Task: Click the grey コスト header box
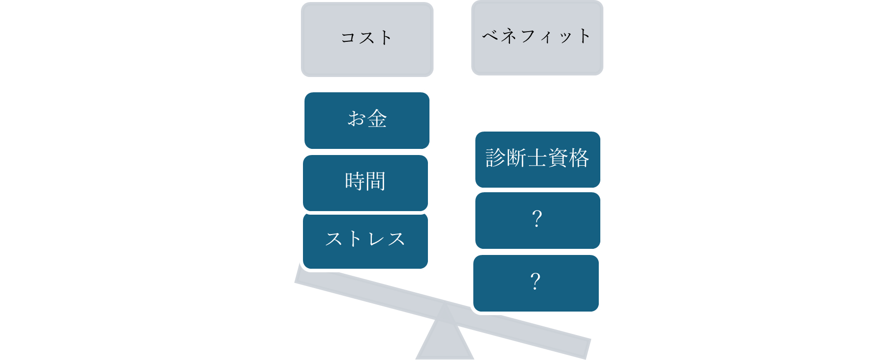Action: pyautogui.click(x=367, y=40)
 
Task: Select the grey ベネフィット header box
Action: pyautogui.click(x=537, y=38)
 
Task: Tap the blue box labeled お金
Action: pyautogui.click(x=367, y=120)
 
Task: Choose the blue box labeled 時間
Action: pyautogui.click(x=365, y=183)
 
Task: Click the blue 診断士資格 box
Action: pyautogui.click(x=537, y=159)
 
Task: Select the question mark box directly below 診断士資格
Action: pyautogui.click(x=537, y=220)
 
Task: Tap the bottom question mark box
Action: pyautogui.click(x=536, y=283)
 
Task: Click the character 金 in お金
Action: pyautogui.click(x=377, y=119)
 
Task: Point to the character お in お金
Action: pyautogui.click(x=357, y=119)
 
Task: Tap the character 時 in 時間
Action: pyautogui.click(x=354, y=182)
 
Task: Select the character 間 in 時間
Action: pyautogui.click(x=375, y=182)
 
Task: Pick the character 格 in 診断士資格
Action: pyautogui.click(x=579, y=158)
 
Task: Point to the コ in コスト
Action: pyautogui.click(x=348, y=38)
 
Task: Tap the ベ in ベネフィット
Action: pyautogui.click(x=491, y=36)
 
